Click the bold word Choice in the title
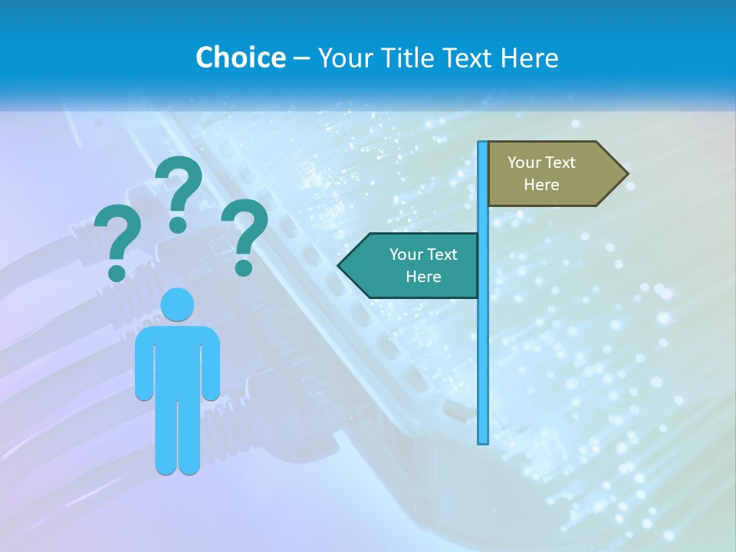[x=240, y=58]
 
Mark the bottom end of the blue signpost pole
[x=483, y=441]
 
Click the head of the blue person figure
[x=178, y=304]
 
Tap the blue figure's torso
[x=178, y=360]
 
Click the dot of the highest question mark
[x=178, y=225]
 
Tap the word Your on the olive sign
[x=524, y=163]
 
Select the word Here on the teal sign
[x=423, y=277]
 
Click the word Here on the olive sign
[x=541, y=185]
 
